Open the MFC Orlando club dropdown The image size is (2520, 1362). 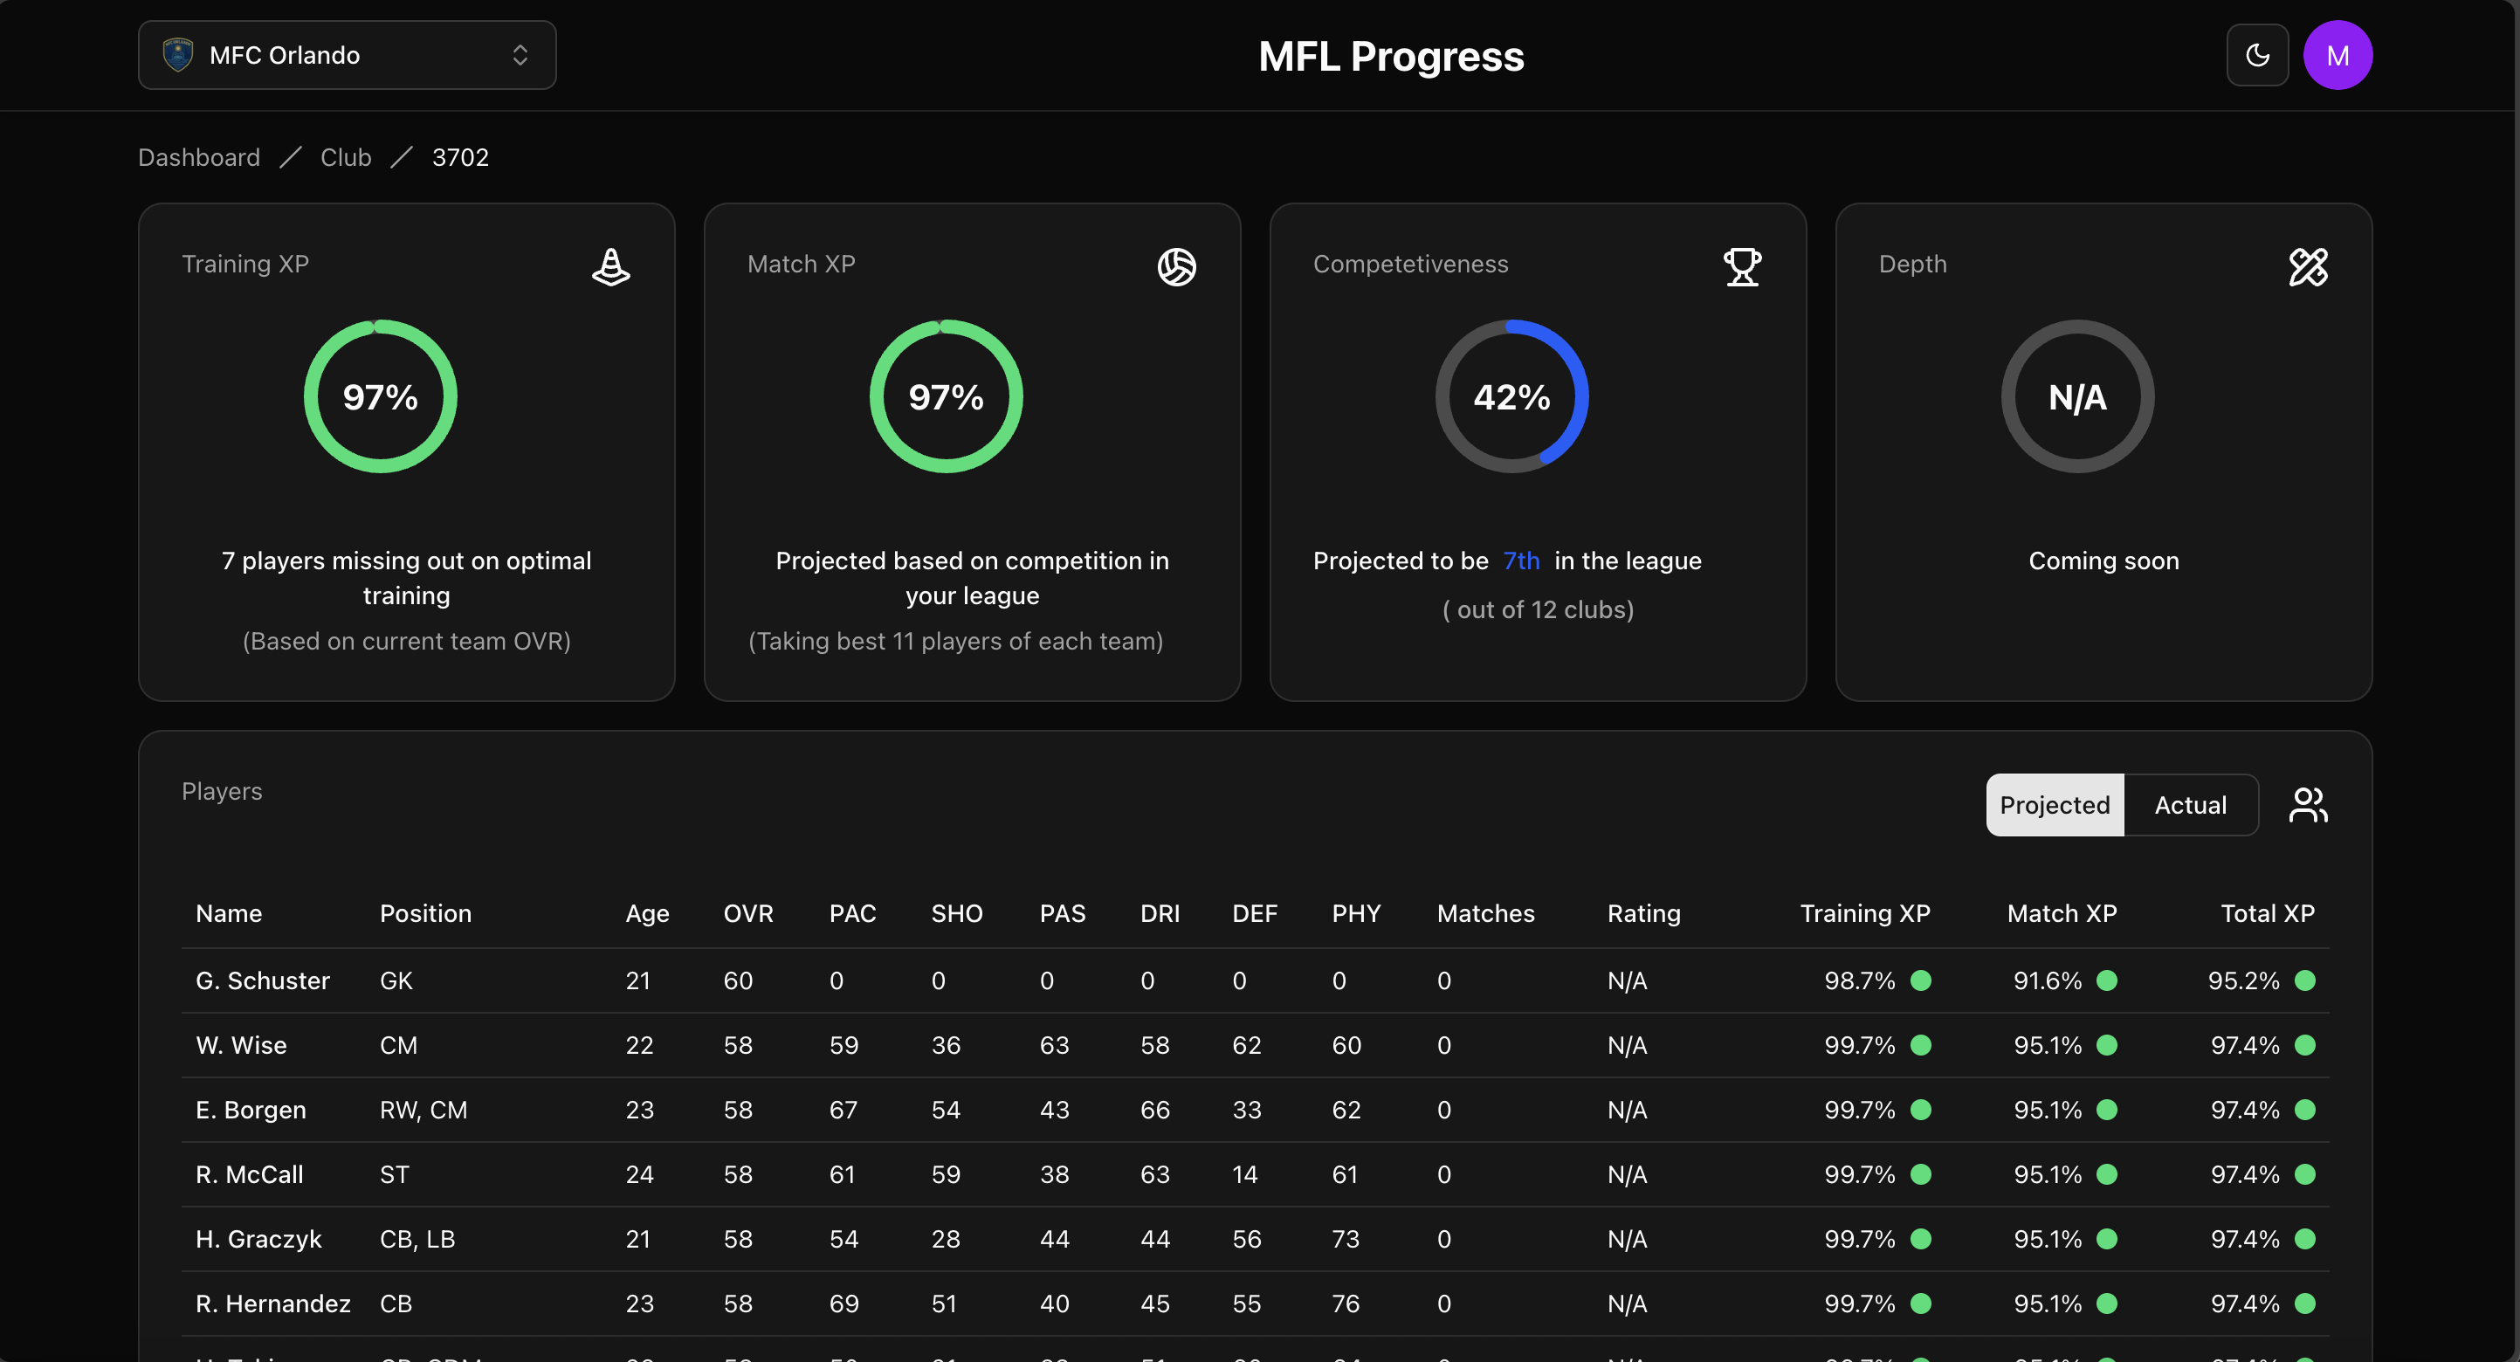347,55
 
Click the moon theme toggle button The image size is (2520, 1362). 2257,55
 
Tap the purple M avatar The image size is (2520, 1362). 2337,55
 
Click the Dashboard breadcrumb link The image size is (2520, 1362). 198,157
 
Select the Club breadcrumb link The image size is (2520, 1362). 345,157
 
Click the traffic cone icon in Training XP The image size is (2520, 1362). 610,266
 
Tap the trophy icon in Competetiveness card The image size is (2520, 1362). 1741,266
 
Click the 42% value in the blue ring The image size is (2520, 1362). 1511,397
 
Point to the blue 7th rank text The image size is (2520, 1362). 1521,561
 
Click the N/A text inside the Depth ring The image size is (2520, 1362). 2076,397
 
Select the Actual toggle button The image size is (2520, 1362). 2190,805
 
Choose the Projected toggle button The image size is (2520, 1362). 2055,805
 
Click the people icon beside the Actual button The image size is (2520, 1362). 2308,805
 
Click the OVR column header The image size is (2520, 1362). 748,913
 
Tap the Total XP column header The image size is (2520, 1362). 2267,913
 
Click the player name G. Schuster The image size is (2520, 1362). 262,980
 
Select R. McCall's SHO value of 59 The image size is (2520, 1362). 945,1174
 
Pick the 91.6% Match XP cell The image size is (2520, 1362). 2048,980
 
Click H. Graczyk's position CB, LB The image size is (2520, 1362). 417,1239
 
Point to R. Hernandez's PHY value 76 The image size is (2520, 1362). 1345,1304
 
